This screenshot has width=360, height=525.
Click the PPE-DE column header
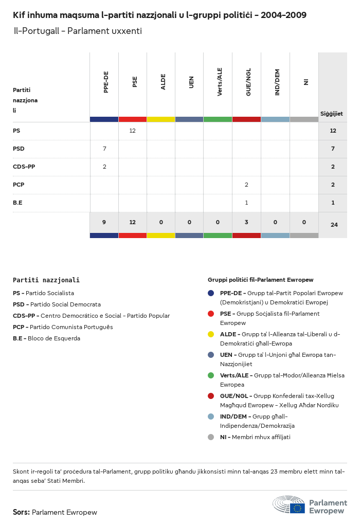click(106, 82)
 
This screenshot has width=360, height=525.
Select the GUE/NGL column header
click(248, 82)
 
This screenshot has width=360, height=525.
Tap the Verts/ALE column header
click(220, 82)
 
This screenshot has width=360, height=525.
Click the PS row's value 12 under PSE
click(132, 131)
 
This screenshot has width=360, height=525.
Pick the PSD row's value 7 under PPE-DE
click(104, 149)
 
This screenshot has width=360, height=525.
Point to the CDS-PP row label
click(24, 167)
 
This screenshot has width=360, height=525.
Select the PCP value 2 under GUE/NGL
click(246, 185)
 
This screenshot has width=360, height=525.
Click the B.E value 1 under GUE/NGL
click(246, 203)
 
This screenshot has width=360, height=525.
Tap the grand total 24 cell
click(334, 225)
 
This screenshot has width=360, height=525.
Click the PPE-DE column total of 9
click(104, 222)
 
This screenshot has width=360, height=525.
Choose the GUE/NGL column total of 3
click(246, 222)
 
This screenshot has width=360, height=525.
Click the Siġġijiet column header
click(332, 114)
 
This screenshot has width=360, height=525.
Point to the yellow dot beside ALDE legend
click(211, 334)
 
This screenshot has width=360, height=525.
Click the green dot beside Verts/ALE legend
click(211, 375)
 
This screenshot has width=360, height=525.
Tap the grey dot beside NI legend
click(211, 437)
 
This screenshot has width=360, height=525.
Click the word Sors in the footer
click(21, 512)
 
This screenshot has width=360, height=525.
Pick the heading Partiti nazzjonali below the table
click(46, 280)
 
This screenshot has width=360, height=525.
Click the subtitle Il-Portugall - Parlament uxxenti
click(78, 31)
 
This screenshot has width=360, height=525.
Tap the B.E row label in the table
click(17, 203)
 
